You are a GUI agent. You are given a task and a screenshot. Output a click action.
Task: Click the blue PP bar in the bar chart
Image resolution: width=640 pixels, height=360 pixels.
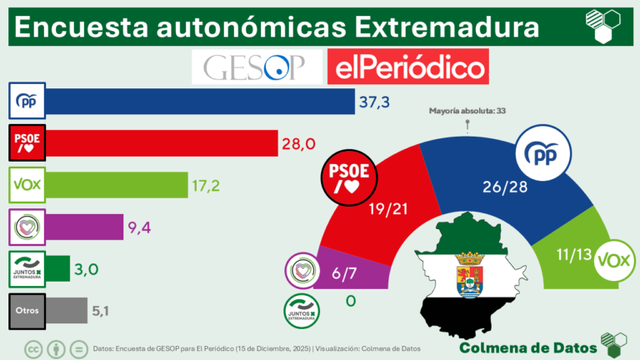tap(200, 102)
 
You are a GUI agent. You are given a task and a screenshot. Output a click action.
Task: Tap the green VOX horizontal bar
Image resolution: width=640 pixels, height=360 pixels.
tap(117, 184)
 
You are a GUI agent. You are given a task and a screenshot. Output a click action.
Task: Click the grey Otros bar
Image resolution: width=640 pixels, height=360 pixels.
tap(67, 310)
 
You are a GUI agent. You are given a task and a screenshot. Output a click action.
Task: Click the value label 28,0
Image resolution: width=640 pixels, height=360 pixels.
tap(298, 143)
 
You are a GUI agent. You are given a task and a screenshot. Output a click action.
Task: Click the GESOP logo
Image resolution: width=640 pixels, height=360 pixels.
tap(256, 67)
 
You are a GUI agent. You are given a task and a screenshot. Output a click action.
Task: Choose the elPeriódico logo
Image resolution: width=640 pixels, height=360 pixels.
tap(407, 67)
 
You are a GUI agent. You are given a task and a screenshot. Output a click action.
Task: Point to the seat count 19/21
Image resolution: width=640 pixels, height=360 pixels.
tap(388, 212)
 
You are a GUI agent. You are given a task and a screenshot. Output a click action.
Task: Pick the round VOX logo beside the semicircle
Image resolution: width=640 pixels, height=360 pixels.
tap(615, 256)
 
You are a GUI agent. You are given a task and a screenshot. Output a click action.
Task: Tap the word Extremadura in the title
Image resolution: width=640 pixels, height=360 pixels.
tap(446, 27)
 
